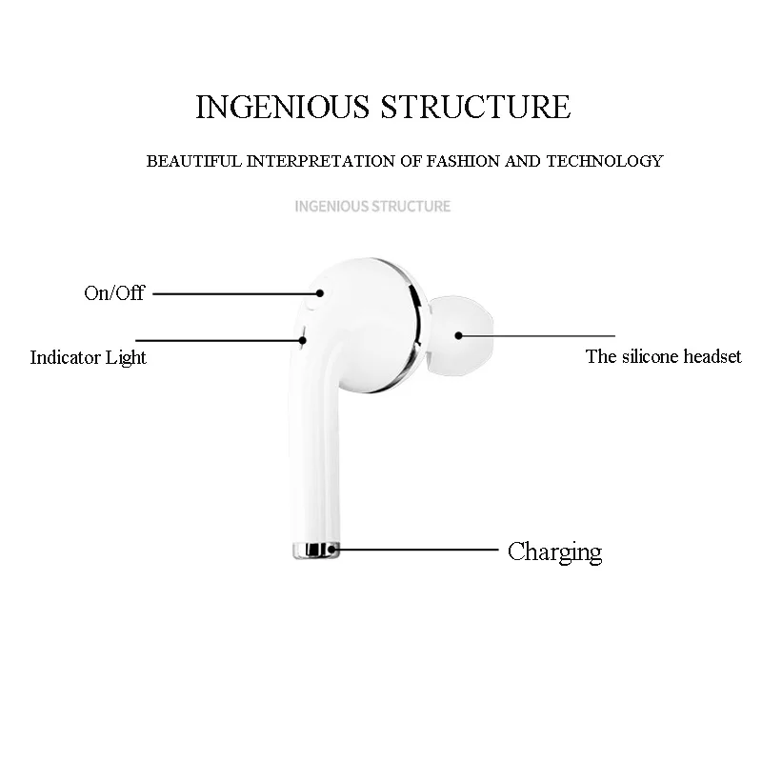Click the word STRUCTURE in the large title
pos(475,107)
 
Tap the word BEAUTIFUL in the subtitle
pos(194,161)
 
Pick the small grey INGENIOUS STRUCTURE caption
pos(372,206)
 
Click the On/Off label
pos(113,293)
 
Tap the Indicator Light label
pos(88,358)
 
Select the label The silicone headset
pos(663,357)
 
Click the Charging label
pos(554,551)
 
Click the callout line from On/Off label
pos(233,294)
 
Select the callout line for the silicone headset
pos(533,335)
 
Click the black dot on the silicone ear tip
pos(458,335)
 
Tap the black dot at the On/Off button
pos(320,294)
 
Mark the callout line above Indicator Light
pos(219,338)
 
